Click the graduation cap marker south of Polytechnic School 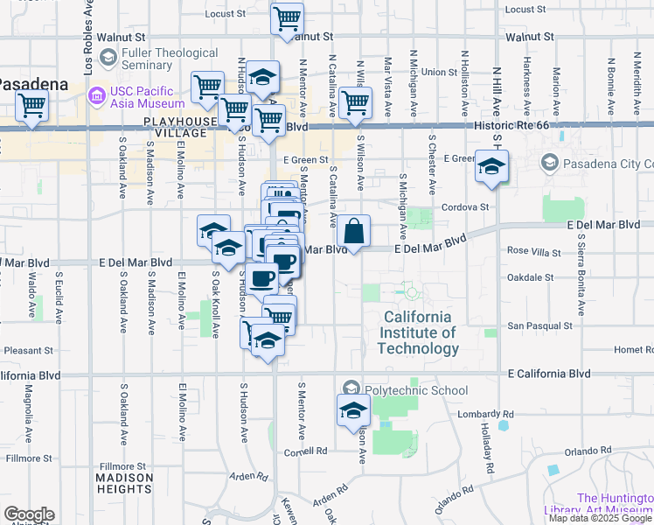[x=353, y=409]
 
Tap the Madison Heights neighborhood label [x=124, y=484]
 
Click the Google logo [x=29, y=514]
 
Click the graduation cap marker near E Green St [x=491, y=166]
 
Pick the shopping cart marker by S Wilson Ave [x=355, y=101]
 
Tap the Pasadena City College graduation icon [x=549, y=163]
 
